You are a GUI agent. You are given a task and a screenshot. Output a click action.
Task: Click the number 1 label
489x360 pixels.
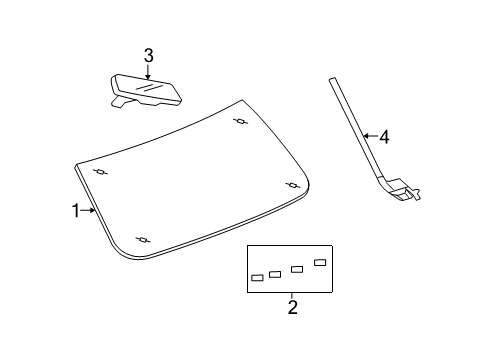click(75, 210)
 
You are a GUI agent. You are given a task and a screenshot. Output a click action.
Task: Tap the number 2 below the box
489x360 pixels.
click(292, 307)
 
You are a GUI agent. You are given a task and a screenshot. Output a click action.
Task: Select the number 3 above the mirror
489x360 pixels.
click(148, 55)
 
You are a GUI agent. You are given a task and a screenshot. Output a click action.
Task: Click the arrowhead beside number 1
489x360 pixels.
click(93, 210)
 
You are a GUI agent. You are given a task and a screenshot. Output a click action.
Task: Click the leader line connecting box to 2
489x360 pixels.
click(291, 294)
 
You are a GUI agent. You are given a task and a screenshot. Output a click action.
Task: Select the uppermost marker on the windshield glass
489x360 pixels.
click(240, 122)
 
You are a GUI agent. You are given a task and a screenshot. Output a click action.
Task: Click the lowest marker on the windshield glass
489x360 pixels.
click(143, 239)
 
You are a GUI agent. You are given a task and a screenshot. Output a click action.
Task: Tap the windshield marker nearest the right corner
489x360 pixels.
click(294, 184)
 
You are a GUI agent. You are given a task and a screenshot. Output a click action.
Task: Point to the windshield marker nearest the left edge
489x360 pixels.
click(100, 172)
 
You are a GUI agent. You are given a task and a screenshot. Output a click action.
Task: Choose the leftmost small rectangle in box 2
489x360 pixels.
click(257, 278)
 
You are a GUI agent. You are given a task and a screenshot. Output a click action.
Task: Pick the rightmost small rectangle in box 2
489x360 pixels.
click(320, 262)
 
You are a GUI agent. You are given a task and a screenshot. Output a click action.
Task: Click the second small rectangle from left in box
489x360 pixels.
click(275, 273)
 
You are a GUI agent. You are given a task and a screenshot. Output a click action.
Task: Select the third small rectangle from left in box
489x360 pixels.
click(297, 269)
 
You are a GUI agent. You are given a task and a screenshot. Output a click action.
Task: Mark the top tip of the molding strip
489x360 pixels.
click(330, 79)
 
